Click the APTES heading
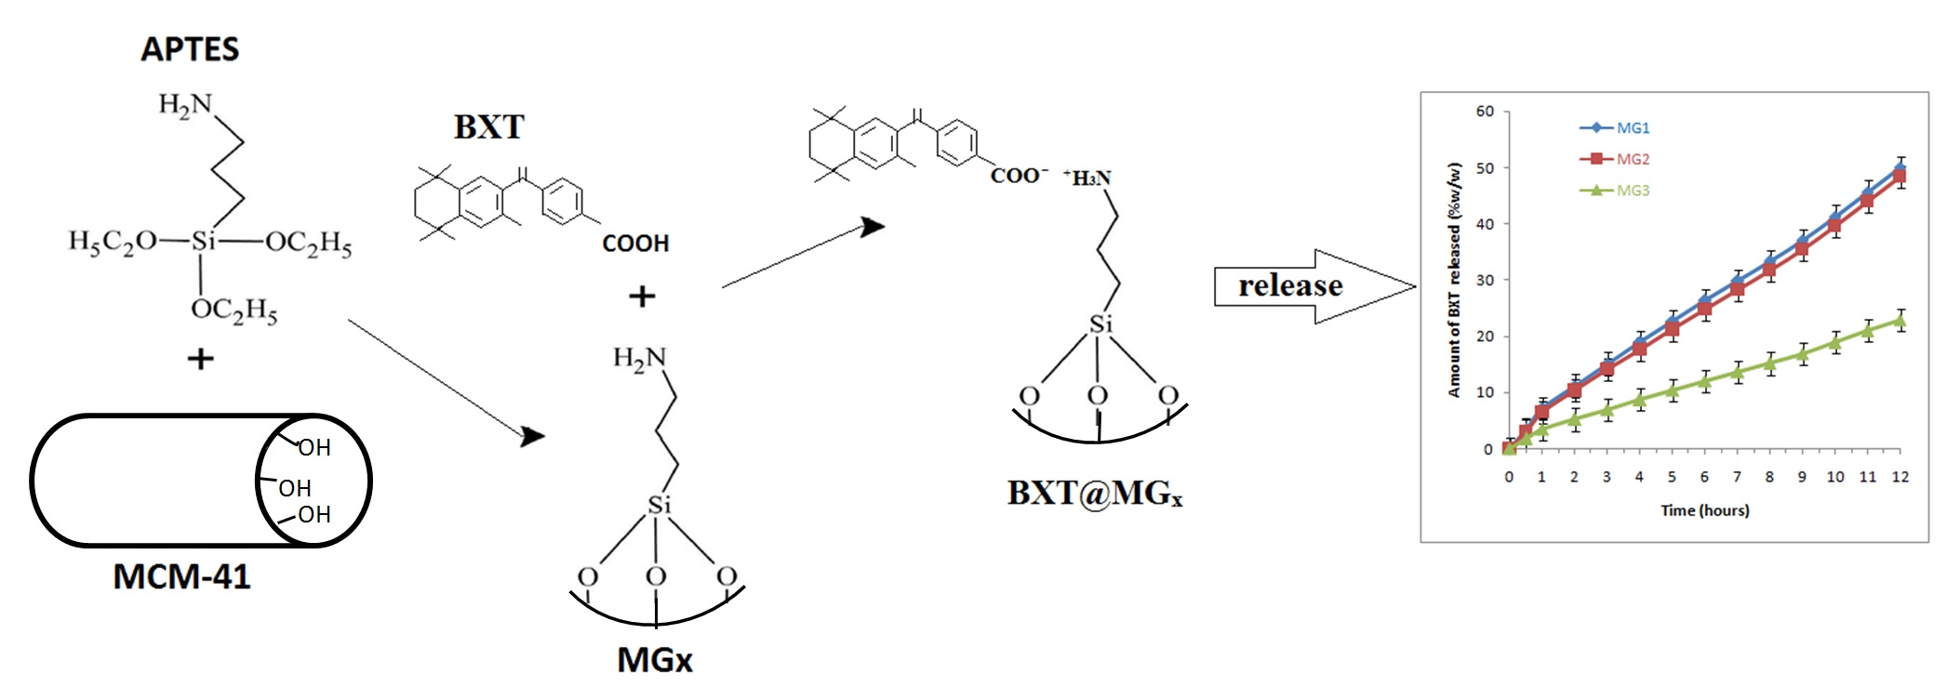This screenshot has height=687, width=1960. click(190, 49)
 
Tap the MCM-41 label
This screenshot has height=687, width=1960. click(181, 576)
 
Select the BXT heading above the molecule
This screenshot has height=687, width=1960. click(489, 127)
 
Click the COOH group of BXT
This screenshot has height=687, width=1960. click(635, 244)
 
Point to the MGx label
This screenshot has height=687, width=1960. click(655, 660)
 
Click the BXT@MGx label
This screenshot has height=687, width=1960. click(1094, 493)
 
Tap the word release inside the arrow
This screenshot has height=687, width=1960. click(1290, 285)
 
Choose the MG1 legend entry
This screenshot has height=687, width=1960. click(1633, 128)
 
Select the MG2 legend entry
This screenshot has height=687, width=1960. click(1633, 159)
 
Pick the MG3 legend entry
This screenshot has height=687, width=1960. click(1633, 191)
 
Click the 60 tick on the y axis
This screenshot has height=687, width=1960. click(1485, 112)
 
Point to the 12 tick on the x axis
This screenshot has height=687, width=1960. click(1900, 477)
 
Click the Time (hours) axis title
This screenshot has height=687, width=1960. click(1704, 510)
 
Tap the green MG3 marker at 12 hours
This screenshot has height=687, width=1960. click(1900, 322)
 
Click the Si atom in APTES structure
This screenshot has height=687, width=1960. click(203, 242)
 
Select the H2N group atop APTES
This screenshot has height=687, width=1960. click(185, 104)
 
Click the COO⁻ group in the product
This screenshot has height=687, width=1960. click(1018, 176)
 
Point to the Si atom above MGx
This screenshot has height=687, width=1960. click(659, 506)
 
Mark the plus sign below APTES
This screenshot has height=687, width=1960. click(200, 359)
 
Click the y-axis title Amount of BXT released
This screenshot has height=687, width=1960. click(1455, 280)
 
